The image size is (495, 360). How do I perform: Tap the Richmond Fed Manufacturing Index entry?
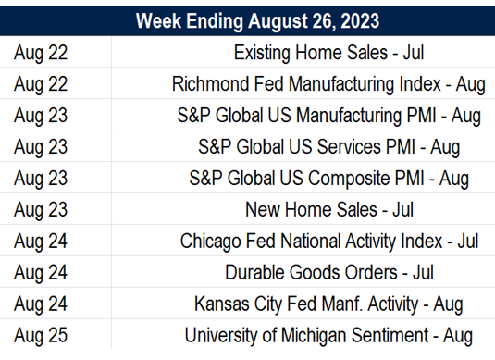pyautogui.click(x=328, y=84)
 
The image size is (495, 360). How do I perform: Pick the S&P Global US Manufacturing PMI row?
pyautogui.click(x=328, y=116)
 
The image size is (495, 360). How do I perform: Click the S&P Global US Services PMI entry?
pyautogui.click(x=328, y=146)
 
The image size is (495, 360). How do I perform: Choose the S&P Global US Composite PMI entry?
pyautogui.click(x=328, y=178)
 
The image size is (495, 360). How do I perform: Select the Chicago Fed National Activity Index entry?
pyautogui.click(x=328, y=241)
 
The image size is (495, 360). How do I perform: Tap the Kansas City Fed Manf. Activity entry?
pyautogui.click(x=328, y=304)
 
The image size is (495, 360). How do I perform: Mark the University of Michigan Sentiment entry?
pyautogui.click(x=328, y=335)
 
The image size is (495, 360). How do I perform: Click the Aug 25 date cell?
pyautogui.click(x=41, y=335)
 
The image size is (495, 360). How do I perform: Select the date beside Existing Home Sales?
pyautogui.click(x=41, y=53)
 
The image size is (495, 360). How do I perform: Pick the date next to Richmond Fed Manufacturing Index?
pyautogui.click(x=41, y=84)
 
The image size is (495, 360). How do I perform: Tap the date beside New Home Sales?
pyautogui.click(x=41, y=209)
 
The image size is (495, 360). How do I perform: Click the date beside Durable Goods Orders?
pyautogui.click(x=41, y=272)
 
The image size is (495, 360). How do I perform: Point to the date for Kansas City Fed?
pyautogui.click(x=41, y=304)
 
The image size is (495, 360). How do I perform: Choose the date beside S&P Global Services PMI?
pyautogui.click(x=41, y=146)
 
